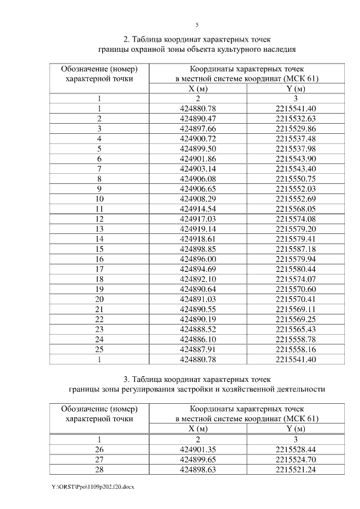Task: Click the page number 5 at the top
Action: [197, 25]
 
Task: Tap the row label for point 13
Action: [100, 228]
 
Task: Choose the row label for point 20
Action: [100, 298]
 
